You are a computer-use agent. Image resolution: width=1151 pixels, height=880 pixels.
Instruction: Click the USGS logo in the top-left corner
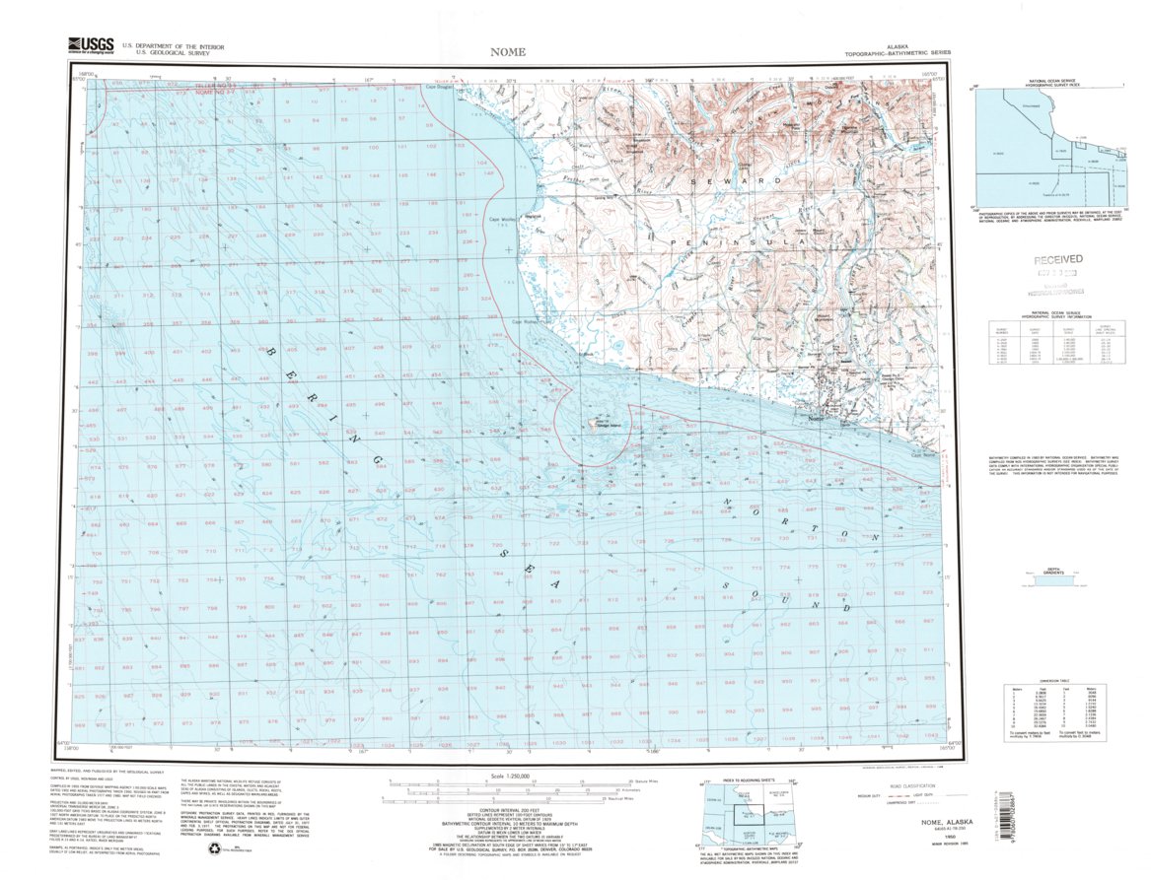pyautogui.click(x=90, y=45)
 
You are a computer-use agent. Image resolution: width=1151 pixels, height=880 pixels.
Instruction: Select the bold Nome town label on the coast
pyautogui.click(x=816, y=420)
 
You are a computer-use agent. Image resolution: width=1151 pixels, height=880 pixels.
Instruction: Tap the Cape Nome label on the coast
pyautogui.click(x=923, y=454)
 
